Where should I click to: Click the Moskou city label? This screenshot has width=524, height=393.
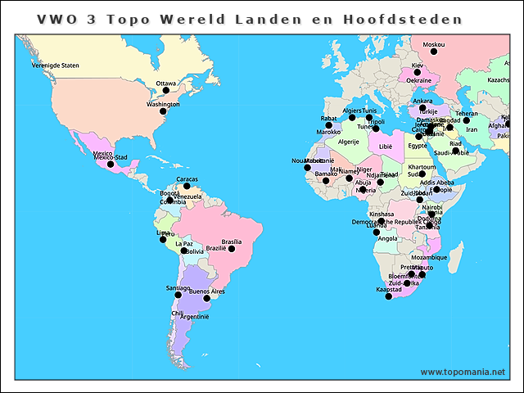pos(434,44)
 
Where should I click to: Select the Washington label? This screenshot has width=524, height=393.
pos(163,105)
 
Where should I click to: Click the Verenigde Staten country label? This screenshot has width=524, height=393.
pos(55,65)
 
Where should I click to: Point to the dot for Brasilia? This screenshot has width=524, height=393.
pos(232,249)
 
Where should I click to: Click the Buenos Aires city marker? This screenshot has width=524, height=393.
pos(206,299)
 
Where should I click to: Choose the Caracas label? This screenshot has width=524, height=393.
pos(187,178)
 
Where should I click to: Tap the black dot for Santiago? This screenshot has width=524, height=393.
pos(178,295)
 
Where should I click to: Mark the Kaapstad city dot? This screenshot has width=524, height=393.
pos(389,296)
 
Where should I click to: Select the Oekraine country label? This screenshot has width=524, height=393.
pos(419,80)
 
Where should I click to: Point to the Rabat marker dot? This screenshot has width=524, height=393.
pos(328,125)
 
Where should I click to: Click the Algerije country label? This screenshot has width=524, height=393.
pos(349,142)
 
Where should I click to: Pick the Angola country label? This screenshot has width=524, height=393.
pos(388,239)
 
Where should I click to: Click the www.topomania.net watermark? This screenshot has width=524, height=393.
pos(463,372)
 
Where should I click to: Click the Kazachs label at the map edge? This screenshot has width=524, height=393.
pos(499,80)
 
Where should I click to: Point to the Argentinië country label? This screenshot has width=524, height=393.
pos(195,316)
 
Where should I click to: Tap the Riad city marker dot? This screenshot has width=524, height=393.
pos(456,150)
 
